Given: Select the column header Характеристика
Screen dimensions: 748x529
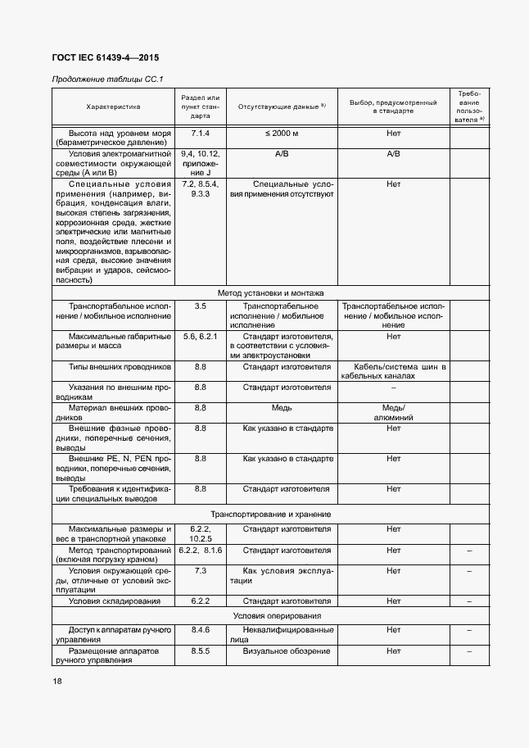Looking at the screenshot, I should tap(113, 107).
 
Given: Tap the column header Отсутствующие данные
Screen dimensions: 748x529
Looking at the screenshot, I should tap(281, 107).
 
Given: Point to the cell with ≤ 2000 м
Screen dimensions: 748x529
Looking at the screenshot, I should tap(281, 133).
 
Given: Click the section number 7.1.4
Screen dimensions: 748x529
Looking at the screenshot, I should tap(201, 133).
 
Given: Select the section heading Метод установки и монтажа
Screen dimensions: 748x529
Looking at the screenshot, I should tap(270, 292).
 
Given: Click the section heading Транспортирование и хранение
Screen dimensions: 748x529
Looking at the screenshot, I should tap(270, 514).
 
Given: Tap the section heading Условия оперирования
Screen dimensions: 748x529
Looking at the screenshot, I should tap(270, 615).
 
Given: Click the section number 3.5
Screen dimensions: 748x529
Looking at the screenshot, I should tap(201, 306).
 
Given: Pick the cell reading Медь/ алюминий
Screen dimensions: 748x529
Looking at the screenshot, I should tap(393, 412).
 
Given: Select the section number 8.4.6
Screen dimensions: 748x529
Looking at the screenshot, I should tap(201, 630).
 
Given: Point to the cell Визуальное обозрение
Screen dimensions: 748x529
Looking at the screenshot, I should tap(286, 651).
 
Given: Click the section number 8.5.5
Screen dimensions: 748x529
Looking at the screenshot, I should tap(201, 651).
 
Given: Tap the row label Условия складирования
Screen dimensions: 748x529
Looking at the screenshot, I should tap(113, 601).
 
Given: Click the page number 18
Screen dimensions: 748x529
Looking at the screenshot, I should tap(57, 682).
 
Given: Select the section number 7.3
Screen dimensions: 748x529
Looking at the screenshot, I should tap(201, 570).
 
